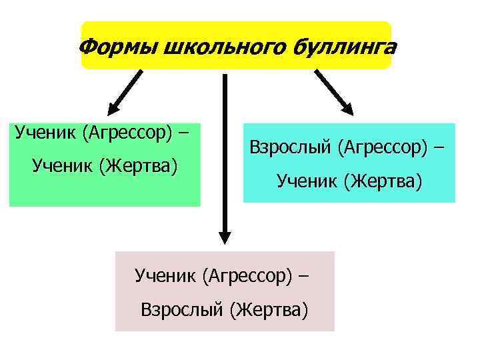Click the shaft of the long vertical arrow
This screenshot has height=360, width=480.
(225, 153)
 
